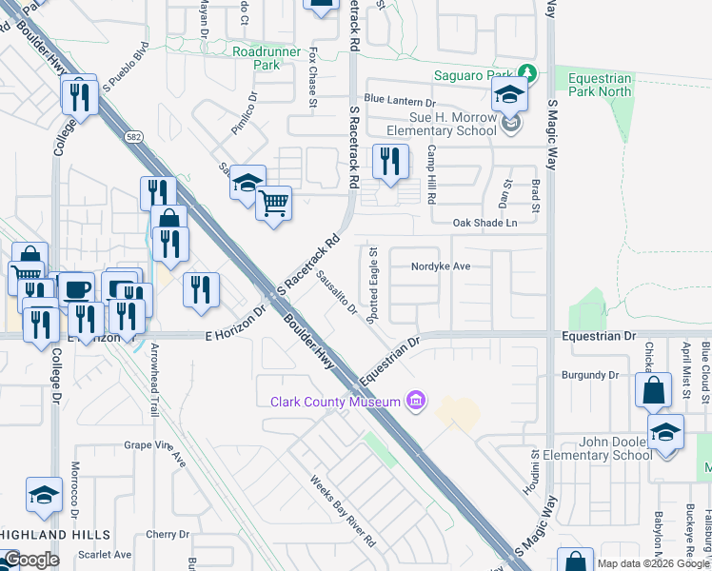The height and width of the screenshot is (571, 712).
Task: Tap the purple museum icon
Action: [x=414, y=401]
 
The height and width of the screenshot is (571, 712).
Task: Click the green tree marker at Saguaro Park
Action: [x=525, y=73]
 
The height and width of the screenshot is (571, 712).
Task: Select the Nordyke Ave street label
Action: [x=442, y=266]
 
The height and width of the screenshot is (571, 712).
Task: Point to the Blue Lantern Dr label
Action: [x=399, y=100]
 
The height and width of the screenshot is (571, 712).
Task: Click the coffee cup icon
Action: [x=76, y=288]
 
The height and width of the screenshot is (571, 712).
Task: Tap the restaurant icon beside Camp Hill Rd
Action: [x=389, y=162]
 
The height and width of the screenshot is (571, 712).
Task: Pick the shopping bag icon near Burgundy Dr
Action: [x=654, y=390]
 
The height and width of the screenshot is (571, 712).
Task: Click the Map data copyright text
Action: [x=651, y=563]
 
